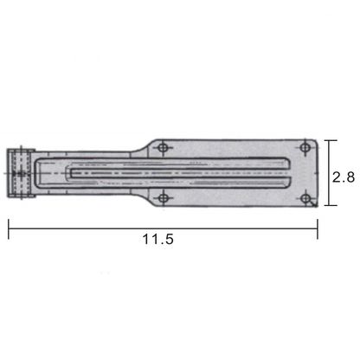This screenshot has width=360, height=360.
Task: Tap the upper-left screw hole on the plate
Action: pyautogui.click(x=164, y=148)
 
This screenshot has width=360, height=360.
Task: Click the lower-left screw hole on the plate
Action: pyautogui.click(x=164, y=198)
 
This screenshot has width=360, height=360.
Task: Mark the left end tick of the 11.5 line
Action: pyautogui.click(x=9, y=227)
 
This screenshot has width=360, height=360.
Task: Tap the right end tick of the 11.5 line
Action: pyautogui.click(x=318, y=227)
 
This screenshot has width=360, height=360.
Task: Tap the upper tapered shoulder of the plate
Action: pyautogui.click(x=144, y=144)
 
